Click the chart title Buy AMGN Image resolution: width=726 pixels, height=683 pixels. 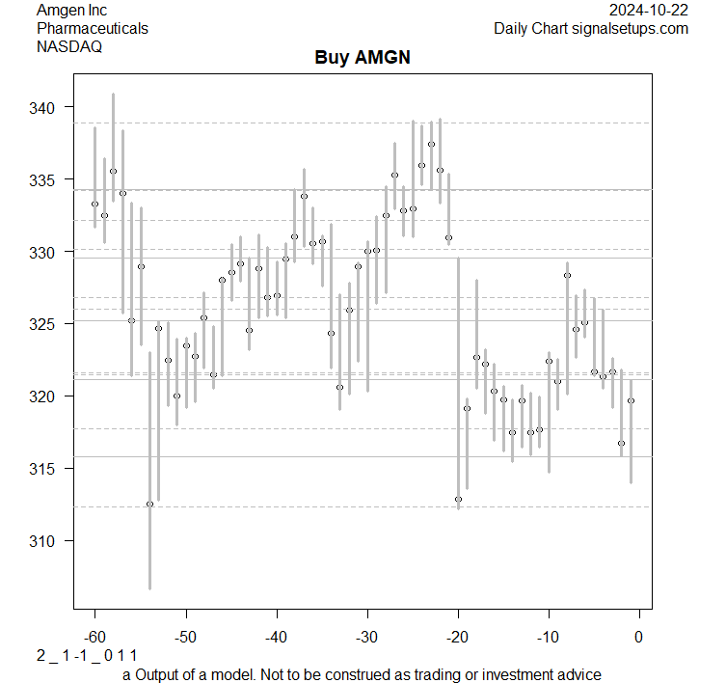click(363, 57)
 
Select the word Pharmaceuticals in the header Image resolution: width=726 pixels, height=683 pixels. click(93, 28)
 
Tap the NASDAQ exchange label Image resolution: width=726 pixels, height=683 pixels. click(69, 46)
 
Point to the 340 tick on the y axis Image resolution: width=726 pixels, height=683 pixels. click(51, 107)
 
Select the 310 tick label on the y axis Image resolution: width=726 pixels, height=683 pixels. click(51, 541)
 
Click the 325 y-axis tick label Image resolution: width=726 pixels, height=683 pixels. click(51, 324)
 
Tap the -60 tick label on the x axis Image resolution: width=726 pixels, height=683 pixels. click(94, 638)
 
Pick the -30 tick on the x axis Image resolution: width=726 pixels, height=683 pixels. click(366, 638)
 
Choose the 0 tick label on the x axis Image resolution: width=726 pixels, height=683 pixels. click(638, 638)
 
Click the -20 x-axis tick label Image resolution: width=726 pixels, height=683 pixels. click(457, 638)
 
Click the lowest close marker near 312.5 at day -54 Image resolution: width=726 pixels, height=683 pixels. click(149, 504)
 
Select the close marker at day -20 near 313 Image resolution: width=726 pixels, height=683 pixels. click(458, 499)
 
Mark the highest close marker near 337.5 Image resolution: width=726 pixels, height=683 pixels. click(431, 144)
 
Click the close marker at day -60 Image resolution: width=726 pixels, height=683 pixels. click(94, 204)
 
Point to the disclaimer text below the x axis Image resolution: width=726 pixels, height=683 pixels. click(362, 674)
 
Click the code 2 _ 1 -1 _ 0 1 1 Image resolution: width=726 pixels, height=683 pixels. click(87, 656)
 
